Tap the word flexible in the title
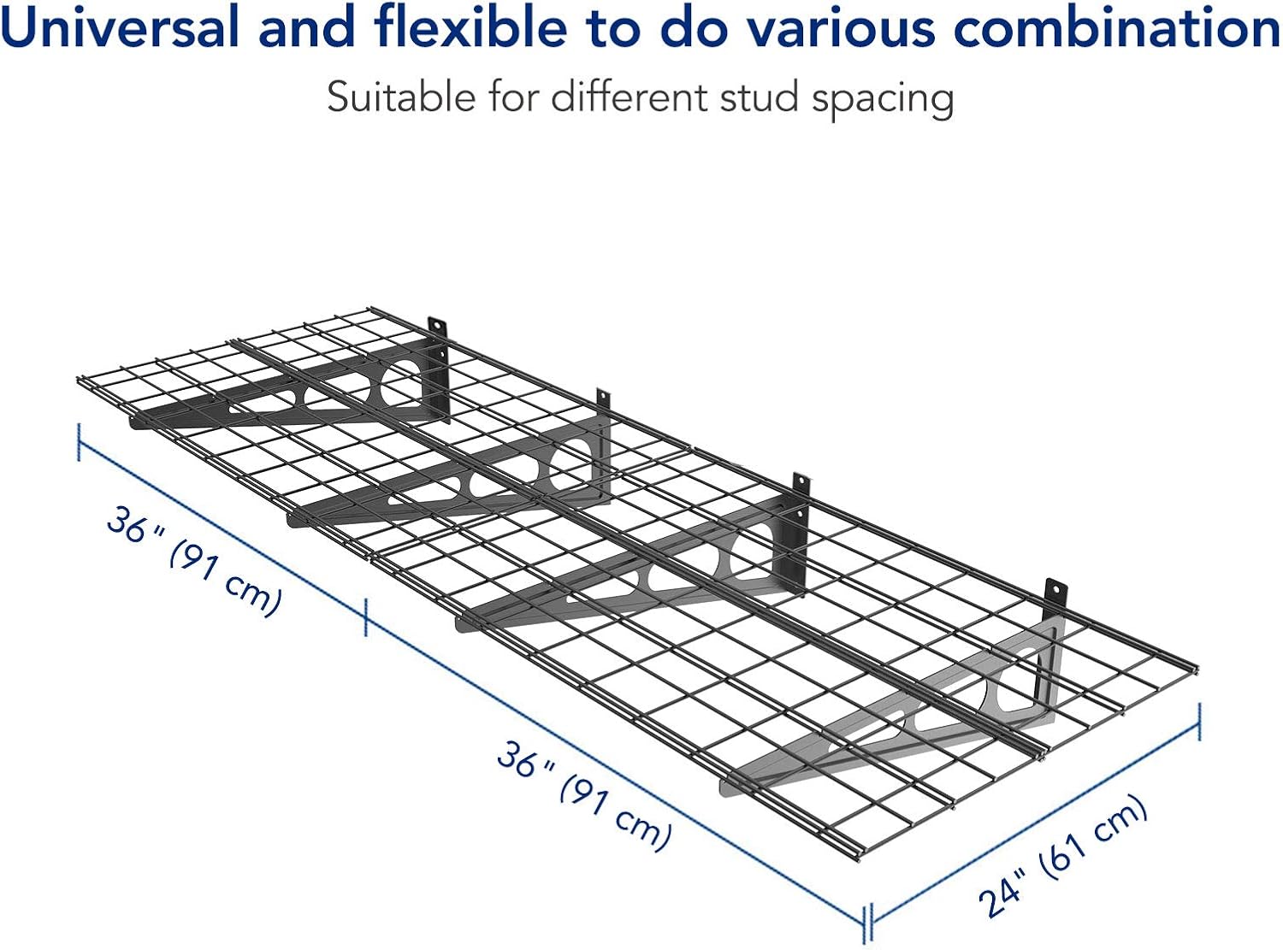point(470,27)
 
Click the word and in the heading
point(306,27)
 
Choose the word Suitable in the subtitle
point(400,97)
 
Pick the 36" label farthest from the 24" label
point(135,524)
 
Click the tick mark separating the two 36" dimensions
point(365,618)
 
